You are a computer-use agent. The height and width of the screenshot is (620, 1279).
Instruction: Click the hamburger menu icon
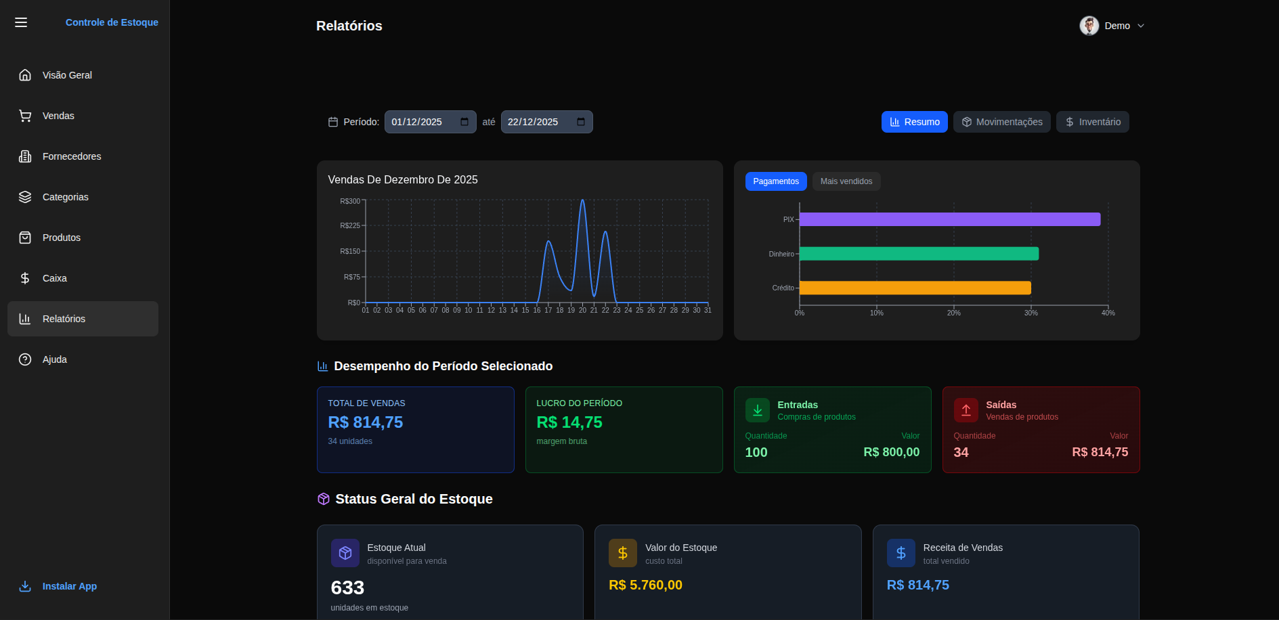[x=21, y=22]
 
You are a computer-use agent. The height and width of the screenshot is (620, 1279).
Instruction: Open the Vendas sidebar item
[x=58, y=116]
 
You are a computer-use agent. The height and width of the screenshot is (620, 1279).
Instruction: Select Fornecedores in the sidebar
[x=71, y=156]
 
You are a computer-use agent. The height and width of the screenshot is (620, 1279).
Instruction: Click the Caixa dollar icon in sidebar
[x=25, y=278]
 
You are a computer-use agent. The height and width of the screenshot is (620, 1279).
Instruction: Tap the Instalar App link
[x=69, y=586]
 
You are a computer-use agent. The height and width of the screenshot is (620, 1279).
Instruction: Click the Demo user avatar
[x=1089, y=26]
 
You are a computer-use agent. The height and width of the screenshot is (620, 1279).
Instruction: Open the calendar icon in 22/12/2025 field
[x=581, y=122]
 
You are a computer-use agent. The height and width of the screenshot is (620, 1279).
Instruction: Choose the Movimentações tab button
[x=1001, y=122]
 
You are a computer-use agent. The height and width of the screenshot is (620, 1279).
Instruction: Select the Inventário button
[x=1092, y=122]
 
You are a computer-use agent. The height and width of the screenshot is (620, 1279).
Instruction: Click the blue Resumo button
[x=914, y=122]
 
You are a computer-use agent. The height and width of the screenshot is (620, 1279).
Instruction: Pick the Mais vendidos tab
[x=846, y=181]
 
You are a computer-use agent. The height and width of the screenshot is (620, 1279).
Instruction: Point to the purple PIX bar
[x=949, y=219]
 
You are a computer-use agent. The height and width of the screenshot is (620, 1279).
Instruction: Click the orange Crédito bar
[x=915, y=288]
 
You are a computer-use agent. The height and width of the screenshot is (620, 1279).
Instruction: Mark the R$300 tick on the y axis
[x=351, y=201]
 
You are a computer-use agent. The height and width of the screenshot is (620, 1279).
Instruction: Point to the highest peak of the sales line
[x=582, y=200]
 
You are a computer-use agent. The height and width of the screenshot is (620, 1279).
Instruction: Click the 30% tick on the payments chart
[x=1031, y=313]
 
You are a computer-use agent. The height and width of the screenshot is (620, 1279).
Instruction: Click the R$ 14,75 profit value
[x=569, y=422]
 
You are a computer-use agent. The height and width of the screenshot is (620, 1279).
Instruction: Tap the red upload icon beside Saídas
[x=966, y=410]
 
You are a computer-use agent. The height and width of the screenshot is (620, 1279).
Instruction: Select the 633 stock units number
[x=347, y=588]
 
